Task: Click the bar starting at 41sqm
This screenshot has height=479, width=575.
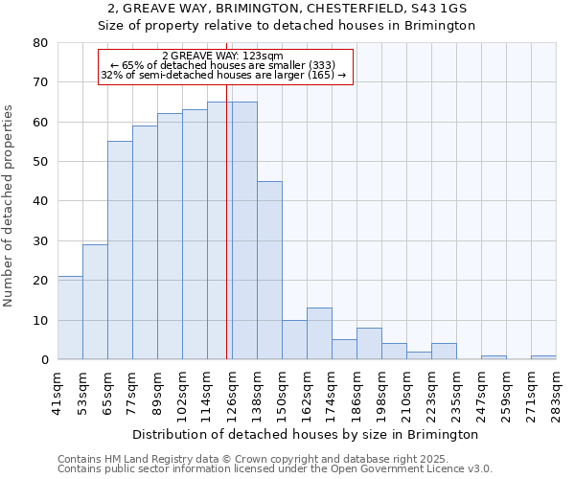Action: point(70,318)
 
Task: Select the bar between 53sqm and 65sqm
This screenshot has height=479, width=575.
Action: point(95,302)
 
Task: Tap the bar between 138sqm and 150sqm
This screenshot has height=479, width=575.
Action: point(269,270)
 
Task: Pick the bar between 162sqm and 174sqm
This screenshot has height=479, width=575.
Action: point(319,333)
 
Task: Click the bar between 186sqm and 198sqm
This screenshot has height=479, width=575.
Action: point(369,344)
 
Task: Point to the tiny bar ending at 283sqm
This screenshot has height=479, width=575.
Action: point(543,357)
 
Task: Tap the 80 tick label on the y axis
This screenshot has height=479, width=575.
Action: point(40,43)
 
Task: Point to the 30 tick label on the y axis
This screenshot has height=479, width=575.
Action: point(40,240)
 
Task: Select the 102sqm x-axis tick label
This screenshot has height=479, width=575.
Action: point(182,393)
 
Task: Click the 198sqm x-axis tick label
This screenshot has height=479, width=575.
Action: point(381,393)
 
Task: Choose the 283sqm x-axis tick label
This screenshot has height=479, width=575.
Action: point(556,393)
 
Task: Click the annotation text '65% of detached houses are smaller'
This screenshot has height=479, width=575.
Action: point(226,65)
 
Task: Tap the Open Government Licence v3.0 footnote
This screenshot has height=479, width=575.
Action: point(382,469)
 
